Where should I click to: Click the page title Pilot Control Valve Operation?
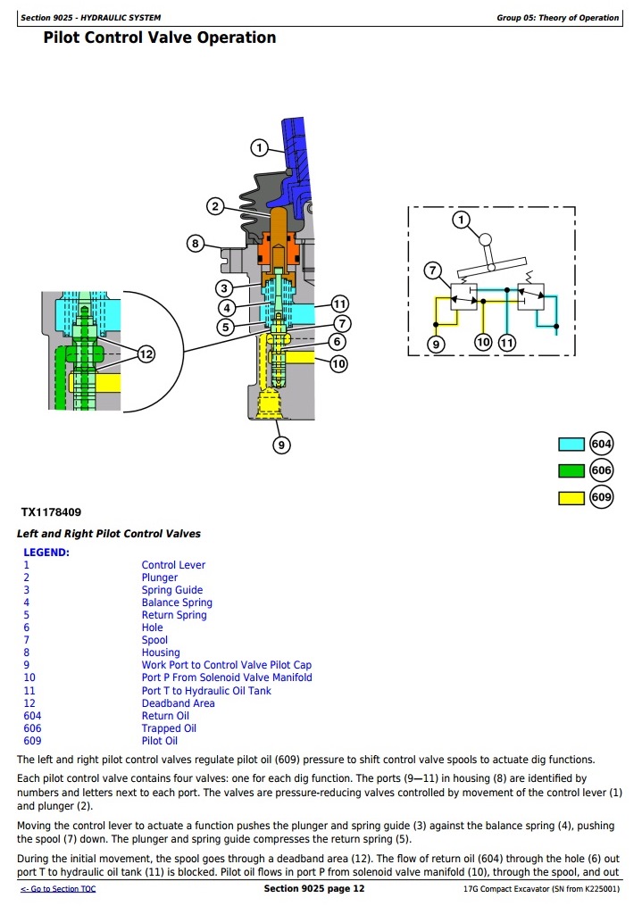point(160,37)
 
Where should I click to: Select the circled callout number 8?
point(196,242)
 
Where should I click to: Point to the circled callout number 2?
point(214,207)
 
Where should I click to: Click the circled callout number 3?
point(225,288)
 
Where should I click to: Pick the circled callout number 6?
point(336,342)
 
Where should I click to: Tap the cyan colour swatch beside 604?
point(571,445)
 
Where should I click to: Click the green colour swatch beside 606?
point(571,471)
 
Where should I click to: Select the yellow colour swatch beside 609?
point(571,498)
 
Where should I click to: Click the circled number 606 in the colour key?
point(602,471)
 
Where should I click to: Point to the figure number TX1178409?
point(51,513)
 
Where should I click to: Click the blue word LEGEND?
point(46,553)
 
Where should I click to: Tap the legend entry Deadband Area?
point(178,703)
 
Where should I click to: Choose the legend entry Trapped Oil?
point(169,728)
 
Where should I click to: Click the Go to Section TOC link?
point(58,890)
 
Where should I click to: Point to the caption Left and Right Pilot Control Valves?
point(109,534)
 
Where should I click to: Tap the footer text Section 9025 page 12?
point(314,889)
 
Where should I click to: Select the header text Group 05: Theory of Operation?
point(557,18)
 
